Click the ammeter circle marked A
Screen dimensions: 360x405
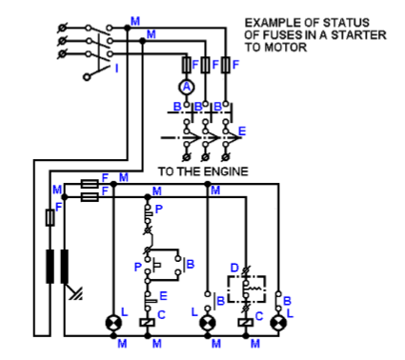coord(188,86)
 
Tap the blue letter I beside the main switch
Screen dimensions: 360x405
coord(117,68)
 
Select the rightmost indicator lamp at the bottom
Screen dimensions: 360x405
coord(278,324)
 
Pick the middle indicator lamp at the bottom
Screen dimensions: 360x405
coord(207,324)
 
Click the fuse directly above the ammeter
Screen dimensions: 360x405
coord(188,65)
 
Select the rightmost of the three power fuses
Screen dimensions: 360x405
coord(225,65)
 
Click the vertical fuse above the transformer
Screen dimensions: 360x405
coord(50,218)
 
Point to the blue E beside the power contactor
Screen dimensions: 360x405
coord(242,130)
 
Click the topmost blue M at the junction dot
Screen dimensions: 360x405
coord(134,19)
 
